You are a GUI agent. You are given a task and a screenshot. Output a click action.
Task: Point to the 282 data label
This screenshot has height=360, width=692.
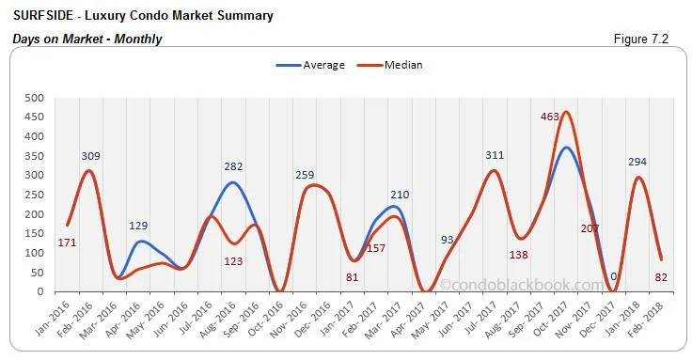233,166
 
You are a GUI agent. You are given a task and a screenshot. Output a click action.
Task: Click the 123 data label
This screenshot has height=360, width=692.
234,260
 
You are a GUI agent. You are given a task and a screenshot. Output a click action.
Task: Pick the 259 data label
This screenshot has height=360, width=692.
306,174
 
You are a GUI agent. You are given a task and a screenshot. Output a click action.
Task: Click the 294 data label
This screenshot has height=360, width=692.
638,162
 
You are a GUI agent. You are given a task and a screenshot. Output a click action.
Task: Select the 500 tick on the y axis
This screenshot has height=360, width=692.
33,98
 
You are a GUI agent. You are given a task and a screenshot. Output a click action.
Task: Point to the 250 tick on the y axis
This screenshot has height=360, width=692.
33,195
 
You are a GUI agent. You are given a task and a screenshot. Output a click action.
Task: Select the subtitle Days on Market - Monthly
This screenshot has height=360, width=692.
87,39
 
